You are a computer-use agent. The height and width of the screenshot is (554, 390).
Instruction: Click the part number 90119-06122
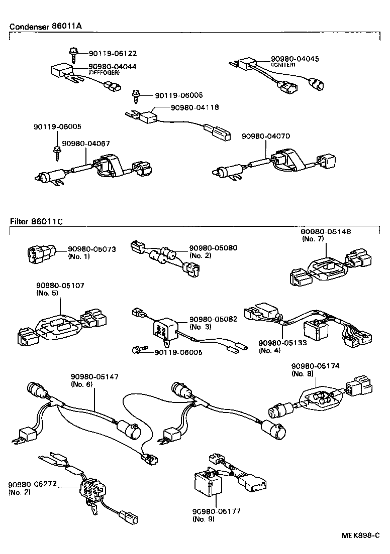pyautogui.click(x=113, y=53)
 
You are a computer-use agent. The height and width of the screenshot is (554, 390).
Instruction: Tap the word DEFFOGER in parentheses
pyautogui.click(x=104, y=73)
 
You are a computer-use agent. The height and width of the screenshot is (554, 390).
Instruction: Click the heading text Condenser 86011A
pyautogui.click(x=42, y=27)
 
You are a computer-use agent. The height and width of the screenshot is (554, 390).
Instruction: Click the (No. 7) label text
pyautogui.click(x=314, y=239)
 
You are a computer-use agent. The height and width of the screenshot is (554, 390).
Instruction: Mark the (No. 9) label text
pyautogui.click(x=203, y=519)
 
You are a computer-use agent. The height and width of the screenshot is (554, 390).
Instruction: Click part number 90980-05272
pyautogui.click(x=32, y=485)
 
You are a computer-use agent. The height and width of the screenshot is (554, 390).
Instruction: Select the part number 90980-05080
pyautogui.click(x=213, y=248)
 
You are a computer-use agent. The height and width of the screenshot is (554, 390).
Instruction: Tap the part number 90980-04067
pyautogui.click(x=86, y=144)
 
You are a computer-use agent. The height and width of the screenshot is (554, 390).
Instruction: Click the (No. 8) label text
pyautogui.click(x=304, y=373)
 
